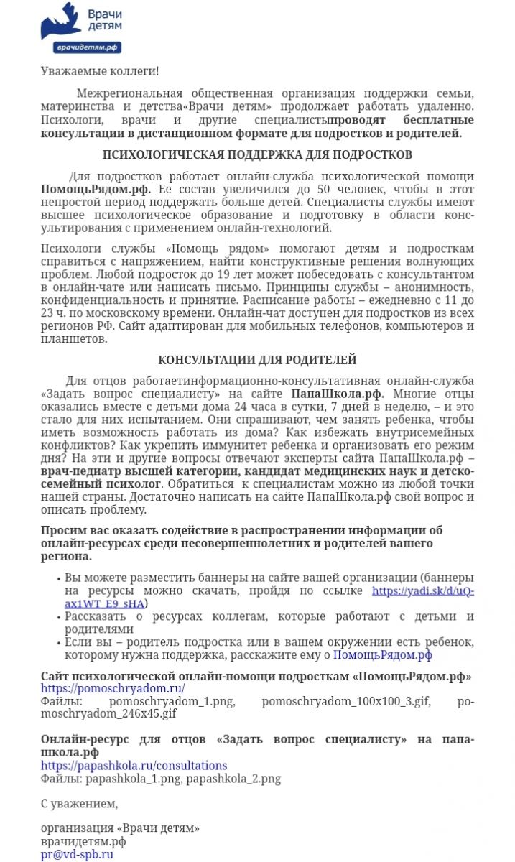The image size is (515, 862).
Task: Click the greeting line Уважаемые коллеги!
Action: [100, 71]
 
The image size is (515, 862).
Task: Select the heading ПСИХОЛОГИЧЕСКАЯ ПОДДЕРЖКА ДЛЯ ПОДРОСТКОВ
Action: [257, 154]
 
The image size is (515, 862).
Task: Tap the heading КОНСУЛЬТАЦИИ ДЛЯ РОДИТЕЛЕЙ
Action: [257, 360]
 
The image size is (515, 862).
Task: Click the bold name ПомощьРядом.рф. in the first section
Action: [96, 189]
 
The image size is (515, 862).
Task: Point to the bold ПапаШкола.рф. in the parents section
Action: [338, 394]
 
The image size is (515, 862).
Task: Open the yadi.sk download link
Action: [422, 591]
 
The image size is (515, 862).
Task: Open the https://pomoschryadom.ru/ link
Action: [113, 688]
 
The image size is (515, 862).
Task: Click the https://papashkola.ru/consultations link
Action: [134, 766]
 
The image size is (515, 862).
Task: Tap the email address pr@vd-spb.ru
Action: [77, 854]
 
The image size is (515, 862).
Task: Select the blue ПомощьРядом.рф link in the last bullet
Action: [383, 654]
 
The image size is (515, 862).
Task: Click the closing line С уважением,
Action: [79, 803]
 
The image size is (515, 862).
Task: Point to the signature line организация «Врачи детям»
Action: [120, 828]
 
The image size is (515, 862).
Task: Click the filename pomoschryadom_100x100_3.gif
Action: [346, 701]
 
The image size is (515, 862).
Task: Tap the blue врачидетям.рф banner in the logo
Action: [87, 47]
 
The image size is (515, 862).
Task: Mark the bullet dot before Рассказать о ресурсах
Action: [58, 618]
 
